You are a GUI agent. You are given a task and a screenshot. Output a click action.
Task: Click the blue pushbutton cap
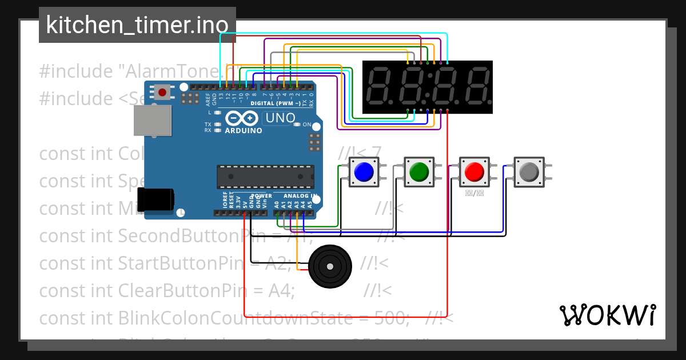pos(364,171)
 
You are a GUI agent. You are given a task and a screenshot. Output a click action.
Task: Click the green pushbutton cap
pos(420,171)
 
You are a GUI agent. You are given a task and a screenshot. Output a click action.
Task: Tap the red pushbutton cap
pos(474,171)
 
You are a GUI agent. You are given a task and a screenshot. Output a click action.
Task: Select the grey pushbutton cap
pos(529,171)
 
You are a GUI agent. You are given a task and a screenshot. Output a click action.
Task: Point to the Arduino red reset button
pos(163,92)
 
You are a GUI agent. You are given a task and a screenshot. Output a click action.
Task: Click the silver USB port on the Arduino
pos(152,121)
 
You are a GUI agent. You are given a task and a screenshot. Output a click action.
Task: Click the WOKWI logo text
pos(607,315)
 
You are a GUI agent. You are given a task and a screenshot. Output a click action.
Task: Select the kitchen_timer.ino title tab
pos(137,25)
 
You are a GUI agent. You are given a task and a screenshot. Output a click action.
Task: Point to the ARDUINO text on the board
pos(244,131)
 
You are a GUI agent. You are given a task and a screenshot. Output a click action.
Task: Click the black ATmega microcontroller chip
pos(265,177)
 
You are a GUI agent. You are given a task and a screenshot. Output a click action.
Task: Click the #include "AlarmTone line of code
pos(131,71)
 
